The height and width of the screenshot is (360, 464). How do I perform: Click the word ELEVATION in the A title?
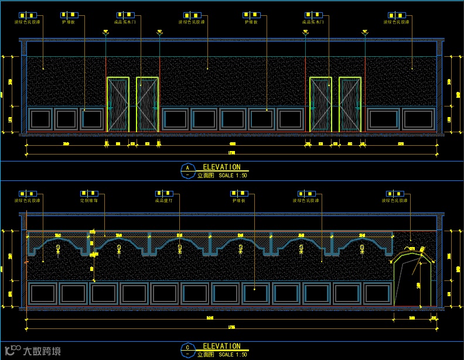[x=221, y=167]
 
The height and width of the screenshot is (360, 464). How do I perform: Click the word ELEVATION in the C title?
[x=221, y=347]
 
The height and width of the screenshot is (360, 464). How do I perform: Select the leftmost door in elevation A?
[x=118, y=104]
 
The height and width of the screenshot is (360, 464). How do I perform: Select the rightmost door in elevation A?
[x=350, y=104]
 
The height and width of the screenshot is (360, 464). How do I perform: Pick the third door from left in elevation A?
[x=320, y=104]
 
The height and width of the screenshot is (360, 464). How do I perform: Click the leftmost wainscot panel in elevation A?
[x=40, y=119]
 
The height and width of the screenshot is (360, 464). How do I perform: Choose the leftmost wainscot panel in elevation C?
[x=42, y=293]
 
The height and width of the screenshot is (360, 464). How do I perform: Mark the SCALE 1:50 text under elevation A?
[x=233, y=175]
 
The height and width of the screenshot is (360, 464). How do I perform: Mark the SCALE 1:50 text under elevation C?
[x=233, y=355]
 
